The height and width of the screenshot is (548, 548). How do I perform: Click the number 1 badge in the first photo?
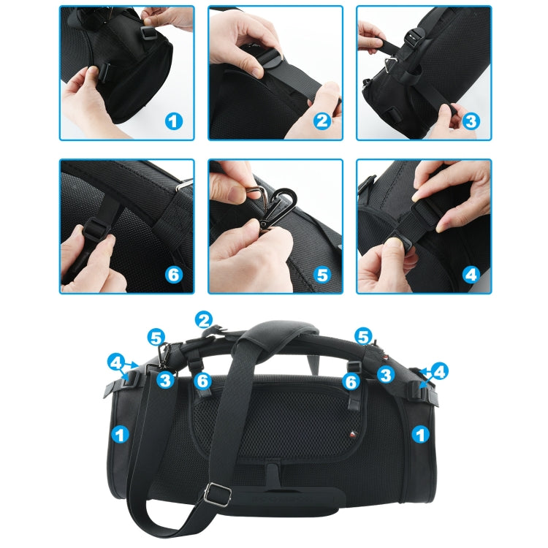click(x=173, y=121)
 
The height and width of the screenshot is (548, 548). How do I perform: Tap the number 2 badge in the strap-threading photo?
click(x=323, y=121)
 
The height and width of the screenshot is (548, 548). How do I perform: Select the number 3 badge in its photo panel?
click(x=471, y=121)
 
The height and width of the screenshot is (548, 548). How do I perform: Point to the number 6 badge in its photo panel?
click(x=173, y=275)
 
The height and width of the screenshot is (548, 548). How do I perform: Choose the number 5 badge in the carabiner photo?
click(x=323, y=275)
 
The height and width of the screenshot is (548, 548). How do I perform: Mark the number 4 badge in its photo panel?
click(x=471, y=275)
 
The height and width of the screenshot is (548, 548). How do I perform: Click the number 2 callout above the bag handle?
click(x=204, y=319)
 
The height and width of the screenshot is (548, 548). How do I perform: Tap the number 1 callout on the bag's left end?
click(x=120, y=434)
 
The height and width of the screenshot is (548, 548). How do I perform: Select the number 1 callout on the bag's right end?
click(x=420, y=434)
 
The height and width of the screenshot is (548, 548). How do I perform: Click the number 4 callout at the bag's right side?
click(x=438, y=372)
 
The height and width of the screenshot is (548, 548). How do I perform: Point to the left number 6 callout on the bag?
click(x=204, y=380)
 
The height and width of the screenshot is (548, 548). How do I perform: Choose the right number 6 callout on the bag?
click(x=352, y=381)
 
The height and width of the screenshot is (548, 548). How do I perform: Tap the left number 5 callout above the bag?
click(x=156, y=338)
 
